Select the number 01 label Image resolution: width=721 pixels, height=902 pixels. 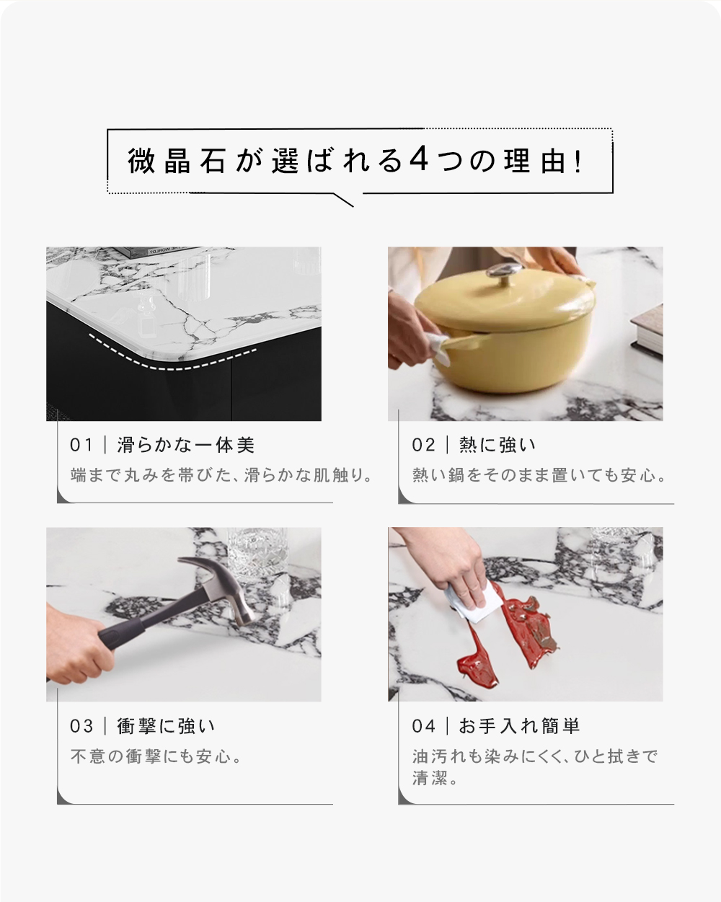pos(81,445)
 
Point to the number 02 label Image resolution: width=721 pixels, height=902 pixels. pos(423,445)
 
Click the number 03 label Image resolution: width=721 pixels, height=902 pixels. pos(81,726)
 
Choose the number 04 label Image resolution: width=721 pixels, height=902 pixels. pos(423,726)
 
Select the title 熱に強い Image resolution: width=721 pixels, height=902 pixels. pos(497,445)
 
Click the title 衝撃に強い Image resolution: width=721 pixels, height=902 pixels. pos(166,726)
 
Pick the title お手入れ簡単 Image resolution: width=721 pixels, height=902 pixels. pos(519,726)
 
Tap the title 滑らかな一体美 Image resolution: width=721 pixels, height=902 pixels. pos(186,445)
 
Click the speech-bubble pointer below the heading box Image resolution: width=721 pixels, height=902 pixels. pos(344,200)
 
